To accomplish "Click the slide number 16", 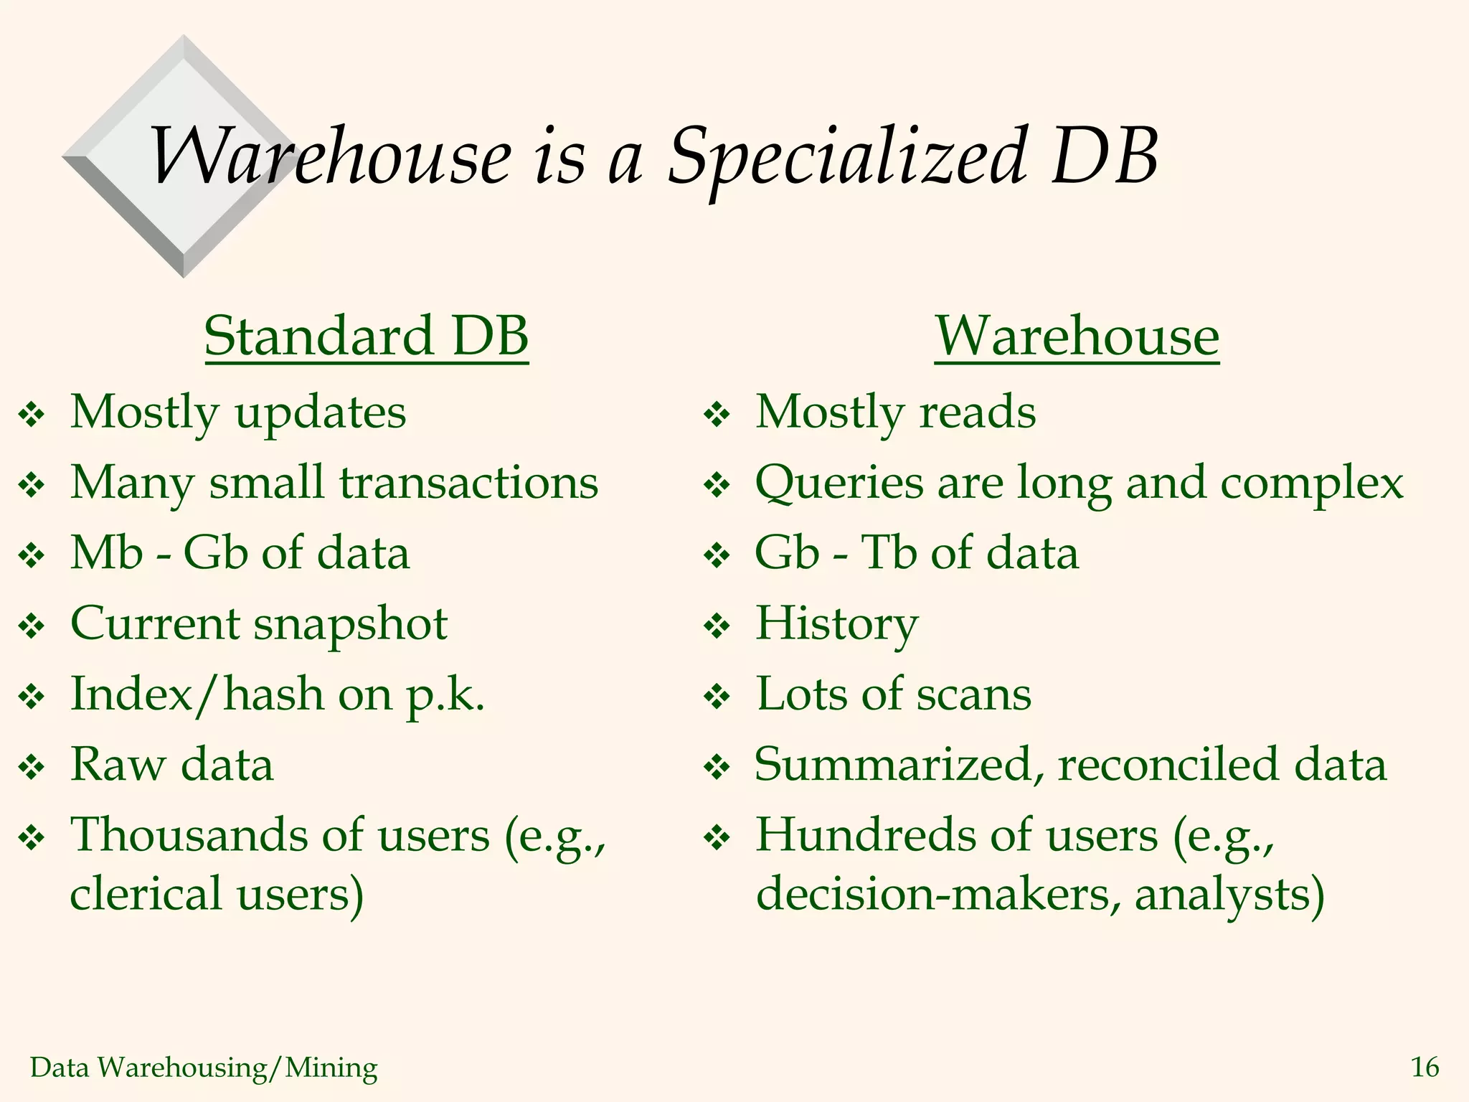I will click(1425, 1068).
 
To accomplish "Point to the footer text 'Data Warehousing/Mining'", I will click(204, 1068).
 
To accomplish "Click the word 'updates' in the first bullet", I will click(321, 413).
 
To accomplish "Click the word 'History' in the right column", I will click(836, 624).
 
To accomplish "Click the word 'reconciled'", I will click(1168, 765).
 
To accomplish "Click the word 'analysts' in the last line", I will click(1228, 895).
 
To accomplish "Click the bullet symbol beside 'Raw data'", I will click(32, 768).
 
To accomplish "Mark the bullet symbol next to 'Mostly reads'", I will click(717, 415).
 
